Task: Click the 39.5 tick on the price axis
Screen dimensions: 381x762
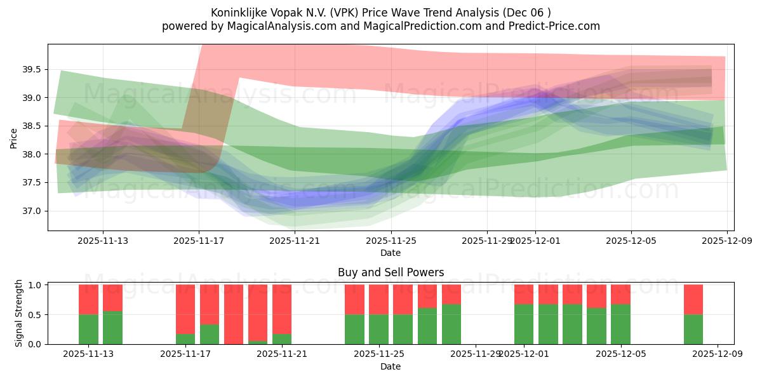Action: coord(34,69)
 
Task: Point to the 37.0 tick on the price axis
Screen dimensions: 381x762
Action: coord(34,211)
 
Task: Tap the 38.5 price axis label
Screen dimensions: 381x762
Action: coord(34,126)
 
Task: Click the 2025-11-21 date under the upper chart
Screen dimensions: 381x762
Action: coord(295,241)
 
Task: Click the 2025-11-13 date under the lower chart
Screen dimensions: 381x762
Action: coord(88,354)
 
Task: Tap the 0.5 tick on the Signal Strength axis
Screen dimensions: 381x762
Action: coord(34,314)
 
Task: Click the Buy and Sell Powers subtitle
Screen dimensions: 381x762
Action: coord(391,272)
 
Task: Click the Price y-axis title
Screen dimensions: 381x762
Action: coord(14,138)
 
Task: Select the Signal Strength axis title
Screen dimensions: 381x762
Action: coord(19,312)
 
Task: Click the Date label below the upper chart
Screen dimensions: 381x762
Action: coord(391,253)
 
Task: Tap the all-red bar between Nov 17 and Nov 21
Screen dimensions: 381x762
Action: coord(234,314)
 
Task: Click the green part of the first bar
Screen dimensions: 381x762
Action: coord(88,330)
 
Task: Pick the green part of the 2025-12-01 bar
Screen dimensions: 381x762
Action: coord(524,324)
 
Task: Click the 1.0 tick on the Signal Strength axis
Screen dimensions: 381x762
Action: coord(34,285)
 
